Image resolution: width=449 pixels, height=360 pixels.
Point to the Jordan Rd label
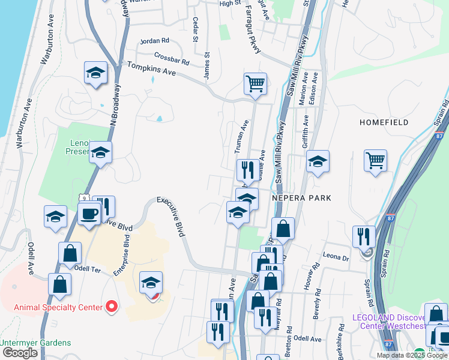coord(154,41)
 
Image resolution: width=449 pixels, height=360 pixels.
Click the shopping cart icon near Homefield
coord(375,160)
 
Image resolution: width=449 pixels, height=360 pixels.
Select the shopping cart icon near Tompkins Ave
coord(255,83)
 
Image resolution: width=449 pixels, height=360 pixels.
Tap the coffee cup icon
coord(89,214)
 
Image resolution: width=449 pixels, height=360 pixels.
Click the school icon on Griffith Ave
coord(318,161)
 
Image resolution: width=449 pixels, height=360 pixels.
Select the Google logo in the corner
coord(20,353)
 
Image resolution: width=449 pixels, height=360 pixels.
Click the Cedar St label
coord(196,29)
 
